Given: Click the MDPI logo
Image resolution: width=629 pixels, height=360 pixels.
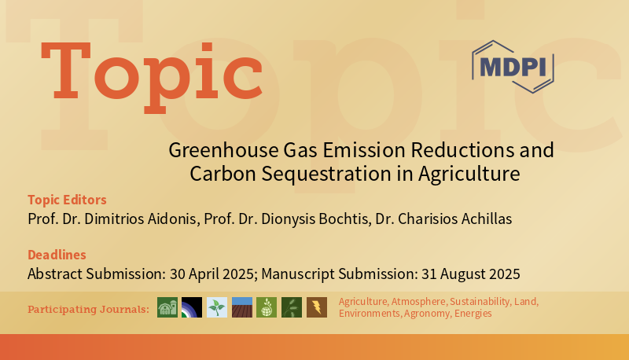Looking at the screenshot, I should coord(512,67).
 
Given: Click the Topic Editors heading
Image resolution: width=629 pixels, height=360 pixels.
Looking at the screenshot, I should coord(67,200).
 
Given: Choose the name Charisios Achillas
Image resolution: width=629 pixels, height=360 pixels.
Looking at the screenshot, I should coord(457,219).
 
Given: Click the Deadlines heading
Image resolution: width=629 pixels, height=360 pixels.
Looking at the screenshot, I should coord(57,255).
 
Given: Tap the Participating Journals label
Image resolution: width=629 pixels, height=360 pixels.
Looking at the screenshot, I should coord(88,310).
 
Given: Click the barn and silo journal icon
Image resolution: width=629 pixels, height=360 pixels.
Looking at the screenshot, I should coord(167,307).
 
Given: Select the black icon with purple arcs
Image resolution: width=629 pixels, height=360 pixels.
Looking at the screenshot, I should coord(192,307).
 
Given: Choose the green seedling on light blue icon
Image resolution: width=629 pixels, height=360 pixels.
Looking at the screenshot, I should coord(217,307).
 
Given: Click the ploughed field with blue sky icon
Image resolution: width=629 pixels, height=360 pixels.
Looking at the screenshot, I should coord(242,307).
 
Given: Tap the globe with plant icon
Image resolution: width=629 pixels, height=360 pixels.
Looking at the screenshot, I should coord(267,307).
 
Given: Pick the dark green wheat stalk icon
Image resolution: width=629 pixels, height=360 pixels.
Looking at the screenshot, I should coord(292,307).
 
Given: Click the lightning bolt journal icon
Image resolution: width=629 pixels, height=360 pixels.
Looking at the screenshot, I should coord(317,307).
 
